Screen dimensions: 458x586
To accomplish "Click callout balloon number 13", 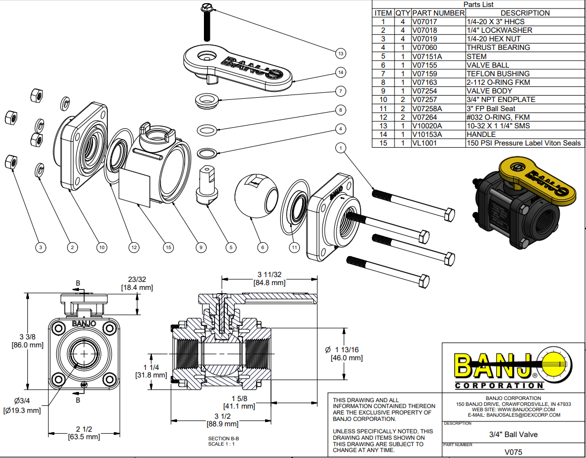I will point(340,53).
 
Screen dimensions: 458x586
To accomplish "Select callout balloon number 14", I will point(340,72).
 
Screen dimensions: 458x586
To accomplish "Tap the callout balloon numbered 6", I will point(262,248).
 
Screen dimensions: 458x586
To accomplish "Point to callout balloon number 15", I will point(169,248).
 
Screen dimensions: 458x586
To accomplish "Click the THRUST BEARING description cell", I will point(498,48).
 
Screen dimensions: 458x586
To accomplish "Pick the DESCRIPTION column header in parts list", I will point(524,13).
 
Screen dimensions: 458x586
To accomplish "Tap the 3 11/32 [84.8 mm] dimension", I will point(270,279).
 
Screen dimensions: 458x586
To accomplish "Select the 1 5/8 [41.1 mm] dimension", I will point(239,402).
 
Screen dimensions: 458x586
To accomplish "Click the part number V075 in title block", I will point(513,452).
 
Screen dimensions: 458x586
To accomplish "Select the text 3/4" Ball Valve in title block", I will point(513,434).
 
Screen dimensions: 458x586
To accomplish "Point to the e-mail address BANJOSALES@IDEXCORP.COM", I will point(514,415).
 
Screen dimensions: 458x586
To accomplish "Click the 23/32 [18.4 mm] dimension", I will point(137,283).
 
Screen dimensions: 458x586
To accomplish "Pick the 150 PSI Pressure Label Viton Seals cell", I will point(524,143).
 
